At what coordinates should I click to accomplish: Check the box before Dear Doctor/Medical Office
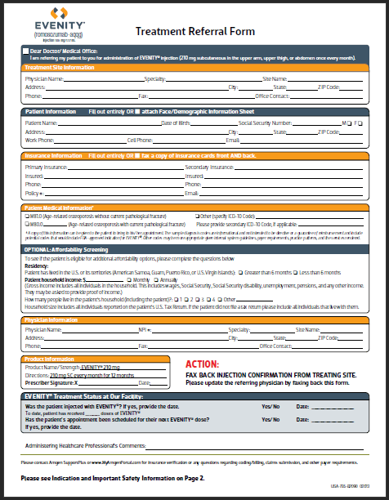26,51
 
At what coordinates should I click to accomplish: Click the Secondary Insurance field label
209,166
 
